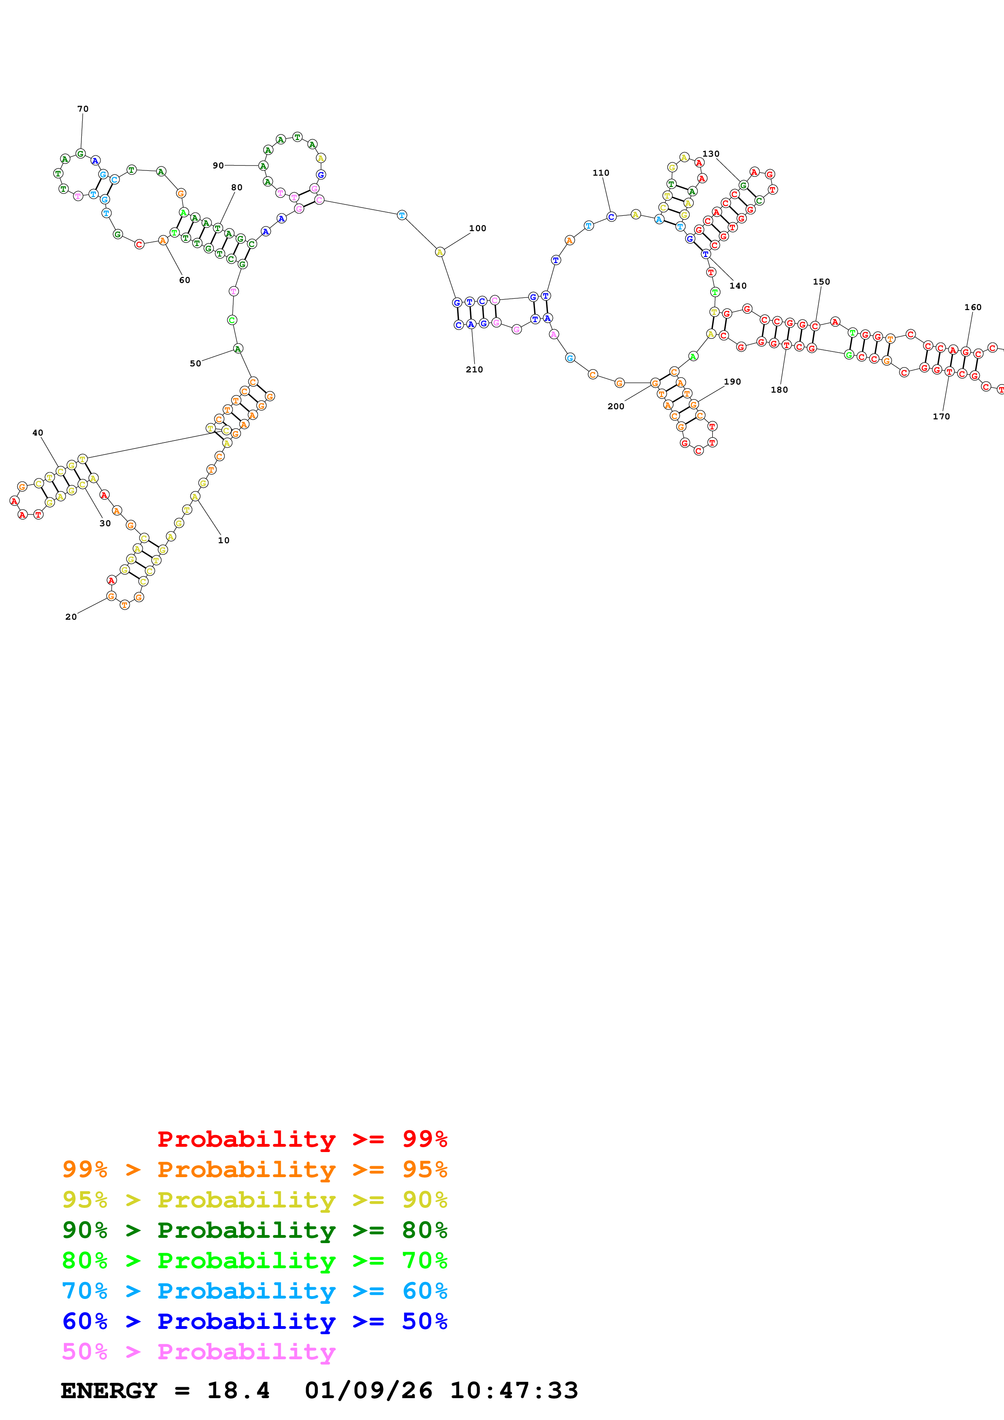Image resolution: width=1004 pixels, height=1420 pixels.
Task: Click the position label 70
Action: pos(83,109)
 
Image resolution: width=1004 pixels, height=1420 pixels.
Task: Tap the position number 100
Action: pos(477,228)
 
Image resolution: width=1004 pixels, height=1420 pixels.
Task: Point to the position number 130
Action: pos(711,154)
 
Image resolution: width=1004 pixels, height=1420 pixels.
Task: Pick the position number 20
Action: pos(71,616)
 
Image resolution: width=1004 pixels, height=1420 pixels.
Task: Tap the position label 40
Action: pos(38,433)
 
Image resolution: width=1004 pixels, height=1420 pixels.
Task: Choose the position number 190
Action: pos(732,382)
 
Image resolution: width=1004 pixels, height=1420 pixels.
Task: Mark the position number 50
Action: pos(196,364)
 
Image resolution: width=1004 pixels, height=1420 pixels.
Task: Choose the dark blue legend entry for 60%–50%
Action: pos(254,1321)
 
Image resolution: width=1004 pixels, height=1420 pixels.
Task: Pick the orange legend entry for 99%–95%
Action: pos(254,1169)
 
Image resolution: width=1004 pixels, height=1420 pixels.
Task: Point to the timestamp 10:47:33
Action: pos(514,1390)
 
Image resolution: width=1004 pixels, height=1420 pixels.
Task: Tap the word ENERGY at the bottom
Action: pos(109,1390)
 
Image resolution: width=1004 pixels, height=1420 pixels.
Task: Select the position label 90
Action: pos(218,165)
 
